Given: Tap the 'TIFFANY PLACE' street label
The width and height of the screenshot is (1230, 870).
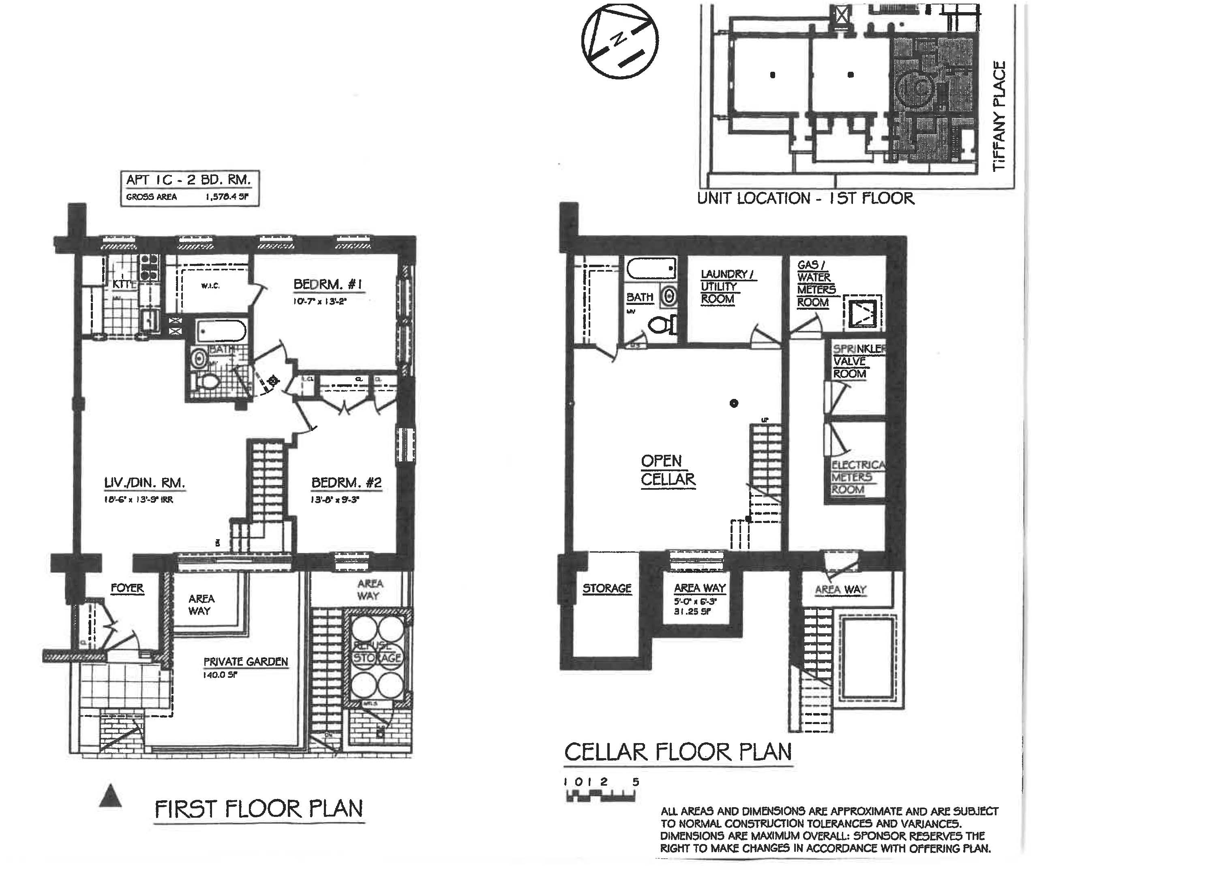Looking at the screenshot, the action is click(999, 116).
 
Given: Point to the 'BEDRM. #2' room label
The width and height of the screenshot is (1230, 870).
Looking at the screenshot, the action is click(347, 483).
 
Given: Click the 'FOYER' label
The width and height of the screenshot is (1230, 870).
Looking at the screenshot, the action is click(127, 588).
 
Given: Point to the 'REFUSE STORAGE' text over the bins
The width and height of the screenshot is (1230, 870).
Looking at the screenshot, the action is click(377, 652).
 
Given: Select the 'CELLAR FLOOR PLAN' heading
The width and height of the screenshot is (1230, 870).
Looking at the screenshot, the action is click(678, 752).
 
